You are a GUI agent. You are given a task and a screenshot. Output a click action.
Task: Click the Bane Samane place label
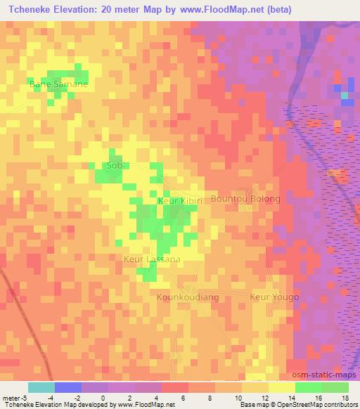click(x=58, y=84)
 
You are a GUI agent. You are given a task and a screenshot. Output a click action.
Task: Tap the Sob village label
click(x=113, y=166)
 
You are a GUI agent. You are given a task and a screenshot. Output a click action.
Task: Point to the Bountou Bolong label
click(x=245, y=199)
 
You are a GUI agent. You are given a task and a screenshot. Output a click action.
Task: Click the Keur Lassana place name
click(x=152, y=259)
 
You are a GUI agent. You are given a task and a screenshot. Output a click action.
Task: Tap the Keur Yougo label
click(x=274, y=297)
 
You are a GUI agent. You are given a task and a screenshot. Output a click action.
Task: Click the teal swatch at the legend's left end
click(x=41, y=387)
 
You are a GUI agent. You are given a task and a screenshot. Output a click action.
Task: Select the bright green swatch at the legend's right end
click(x=335, y=387)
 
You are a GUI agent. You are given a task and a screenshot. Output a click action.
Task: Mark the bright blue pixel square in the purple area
click(x=346, y=96)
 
